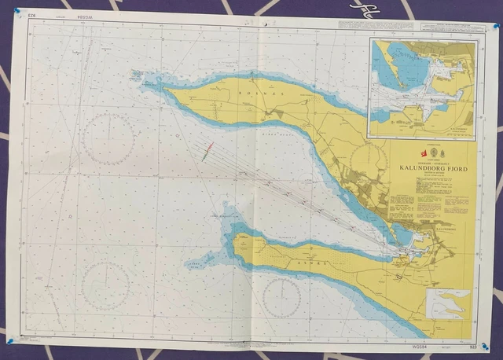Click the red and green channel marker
click(x=206, y=152)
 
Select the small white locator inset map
click(x=448, y=302)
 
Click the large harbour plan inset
click(x=422, y=88)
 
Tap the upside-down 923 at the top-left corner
click(x=32, y=15)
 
